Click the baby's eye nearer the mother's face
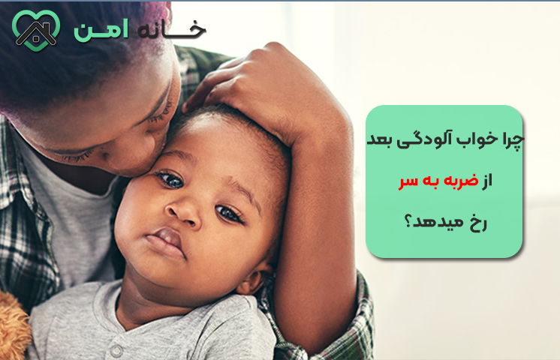(x=169, y=179)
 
